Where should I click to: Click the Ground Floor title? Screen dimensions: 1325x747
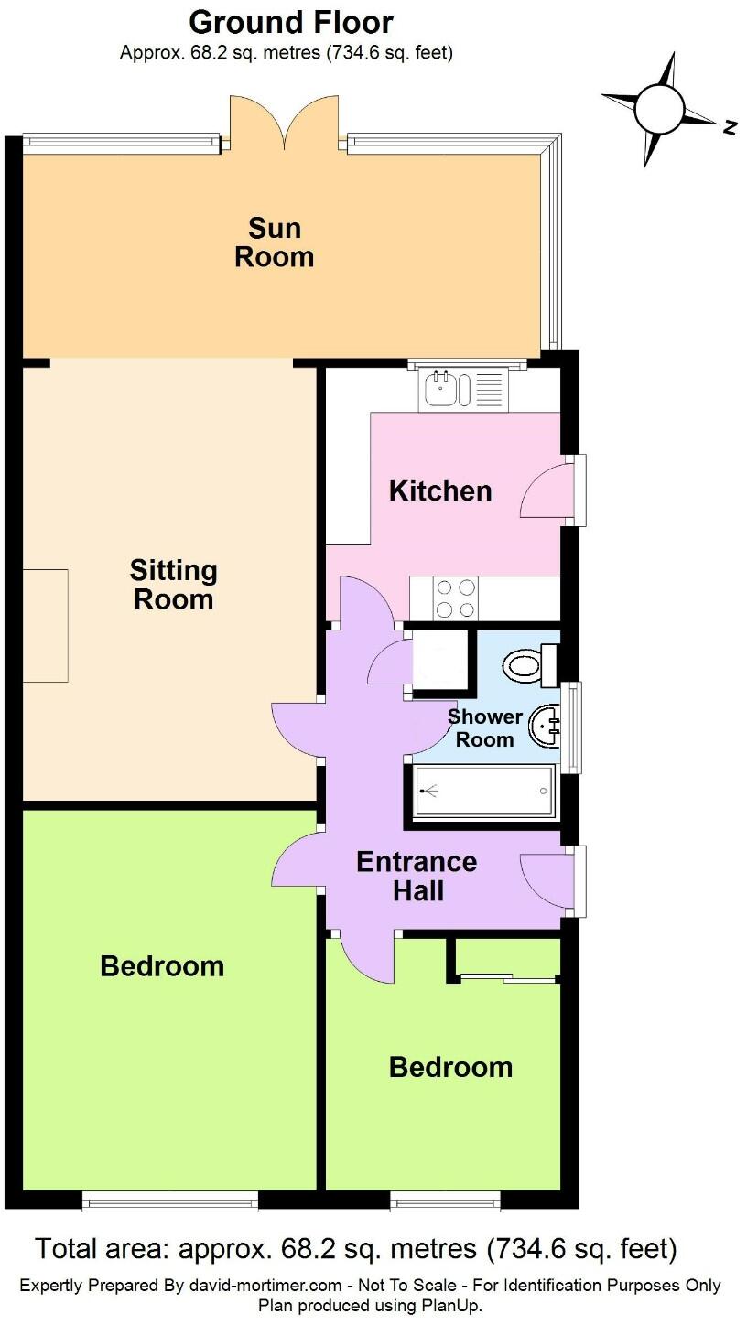[292, 22]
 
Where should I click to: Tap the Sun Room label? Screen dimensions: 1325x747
[274, 242]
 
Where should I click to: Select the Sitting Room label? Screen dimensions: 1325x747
[173, 585]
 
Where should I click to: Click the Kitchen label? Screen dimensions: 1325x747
[440, 491]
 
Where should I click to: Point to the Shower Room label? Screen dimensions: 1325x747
[484, 728]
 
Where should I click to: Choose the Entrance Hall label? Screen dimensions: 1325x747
[417, 876]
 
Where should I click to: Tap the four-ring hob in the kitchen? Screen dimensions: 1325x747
[456, 598]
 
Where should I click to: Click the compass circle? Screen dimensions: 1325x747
[660, 108]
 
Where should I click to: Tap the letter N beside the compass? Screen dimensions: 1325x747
[730, 128]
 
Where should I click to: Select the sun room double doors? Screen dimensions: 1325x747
[286, 124]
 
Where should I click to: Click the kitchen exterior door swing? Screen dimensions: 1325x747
[544, 492]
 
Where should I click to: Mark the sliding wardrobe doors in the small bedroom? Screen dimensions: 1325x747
[509, 979]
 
